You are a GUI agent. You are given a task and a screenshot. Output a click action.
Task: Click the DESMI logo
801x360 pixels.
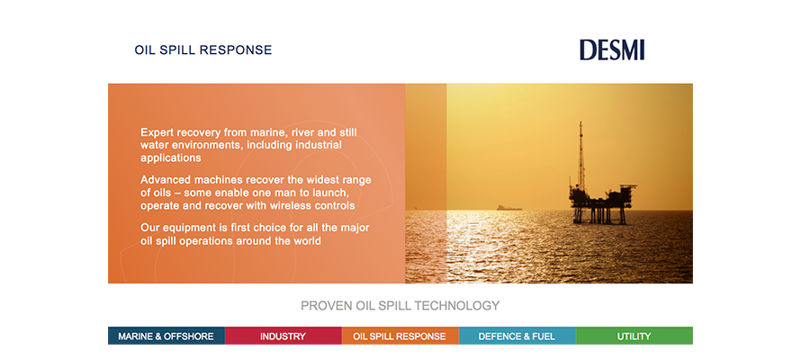(612, 50)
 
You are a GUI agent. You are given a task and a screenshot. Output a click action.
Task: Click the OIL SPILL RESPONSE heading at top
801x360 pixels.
(203, 50)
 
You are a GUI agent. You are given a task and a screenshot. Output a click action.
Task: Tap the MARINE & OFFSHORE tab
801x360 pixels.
(166, 336)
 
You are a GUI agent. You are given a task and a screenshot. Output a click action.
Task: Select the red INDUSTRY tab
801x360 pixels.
(283, 336)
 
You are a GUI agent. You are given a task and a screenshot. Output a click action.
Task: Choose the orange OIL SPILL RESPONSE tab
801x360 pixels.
(400, 336)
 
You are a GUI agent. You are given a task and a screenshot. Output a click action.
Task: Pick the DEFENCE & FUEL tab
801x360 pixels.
(517, 336)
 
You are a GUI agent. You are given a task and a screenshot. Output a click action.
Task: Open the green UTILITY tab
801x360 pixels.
(634, 336)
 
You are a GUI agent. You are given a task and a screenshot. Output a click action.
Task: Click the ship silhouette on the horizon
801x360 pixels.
(509, 208)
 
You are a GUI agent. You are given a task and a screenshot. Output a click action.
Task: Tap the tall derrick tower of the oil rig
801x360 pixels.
(580, 155)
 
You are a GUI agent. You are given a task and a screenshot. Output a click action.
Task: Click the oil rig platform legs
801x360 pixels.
(599, 214)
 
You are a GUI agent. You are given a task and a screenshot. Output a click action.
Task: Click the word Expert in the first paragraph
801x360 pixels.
(156, 133)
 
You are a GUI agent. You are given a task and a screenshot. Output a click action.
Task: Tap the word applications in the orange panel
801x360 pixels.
(171, 158)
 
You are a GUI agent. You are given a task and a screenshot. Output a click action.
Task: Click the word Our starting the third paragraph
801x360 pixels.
(149, 228)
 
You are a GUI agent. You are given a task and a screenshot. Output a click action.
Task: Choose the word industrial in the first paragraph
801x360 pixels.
(317, 145)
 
